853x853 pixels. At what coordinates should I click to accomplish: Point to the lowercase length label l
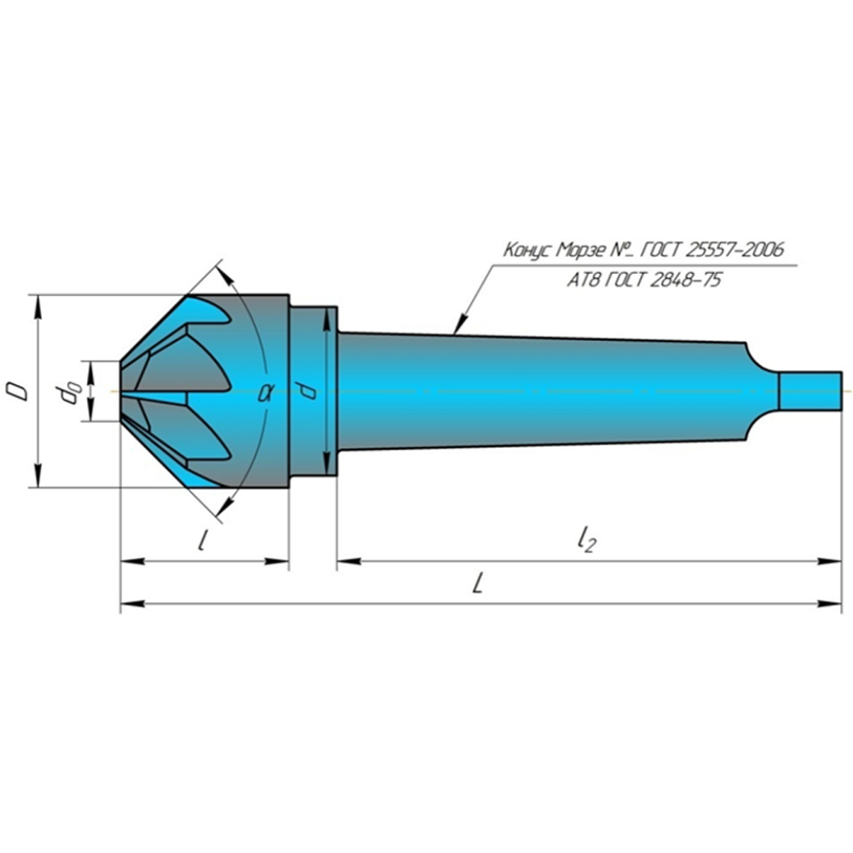click(x=202, y=541)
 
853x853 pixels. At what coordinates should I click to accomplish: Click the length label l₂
click(x=585, y=539)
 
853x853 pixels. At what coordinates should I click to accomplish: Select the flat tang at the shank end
click(x=810, y=392)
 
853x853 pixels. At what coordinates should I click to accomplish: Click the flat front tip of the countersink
click(x=122, y=391)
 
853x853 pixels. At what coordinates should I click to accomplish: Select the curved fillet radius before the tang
click(x=761, y=361)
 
